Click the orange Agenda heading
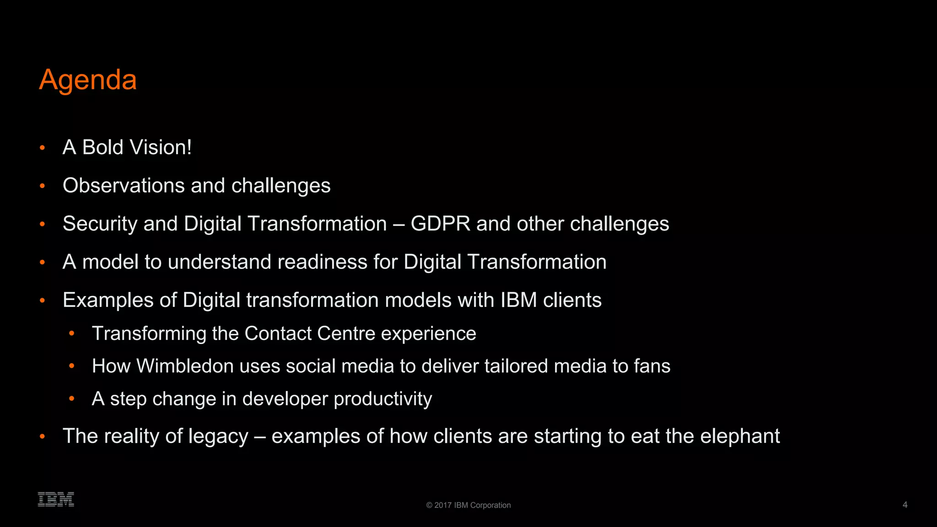[88, 80]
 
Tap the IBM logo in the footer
[56, 499]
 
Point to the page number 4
[905, 505]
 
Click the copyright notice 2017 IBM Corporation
[468, 505]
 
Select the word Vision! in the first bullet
[161, 147]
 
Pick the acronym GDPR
[440, 224]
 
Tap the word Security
[100, 224]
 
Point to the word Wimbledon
[185, 366]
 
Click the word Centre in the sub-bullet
[346, 333]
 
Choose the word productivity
[382, 399]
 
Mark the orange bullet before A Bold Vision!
[43, 148]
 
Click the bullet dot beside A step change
[71, 399]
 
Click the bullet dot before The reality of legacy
[43, 436]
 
